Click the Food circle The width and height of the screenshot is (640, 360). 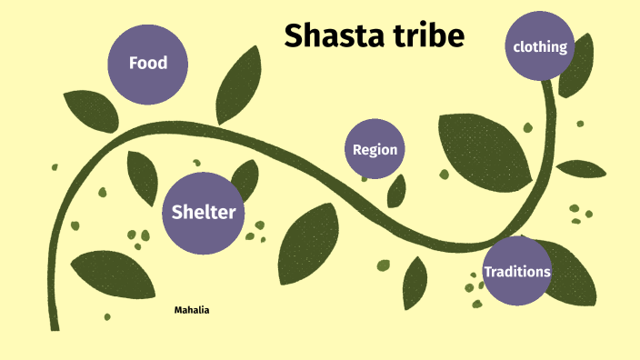(x=148, y=63)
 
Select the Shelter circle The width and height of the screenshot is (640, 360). (x=204, y=213)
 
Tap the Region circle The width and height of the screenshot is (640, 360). (x=375, y=149)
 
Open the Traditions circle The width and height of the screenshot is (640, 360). (x=516, y=271)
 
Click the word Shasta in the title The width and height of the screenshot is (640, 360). (x=331, y=35)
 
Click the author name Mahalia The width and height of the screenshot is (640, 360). (x=192, y=310)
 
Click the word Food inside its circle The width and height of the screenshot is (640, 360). (x=148, y=63)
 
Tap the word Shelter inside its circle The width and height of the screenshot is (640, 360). (x=204, y=213)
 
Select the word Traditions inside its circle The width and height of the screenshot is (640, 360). (x=516, y=272)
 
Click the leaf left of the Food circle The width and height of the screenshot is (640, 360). (x=91, y=109)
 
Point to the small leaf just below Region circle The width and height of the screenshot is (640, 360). (x=396, y=191)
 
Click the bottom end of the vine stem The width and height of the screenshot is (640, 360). (x=54, y=324)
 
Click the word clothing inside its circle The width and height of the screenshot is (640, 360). (x=540, y=46)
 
